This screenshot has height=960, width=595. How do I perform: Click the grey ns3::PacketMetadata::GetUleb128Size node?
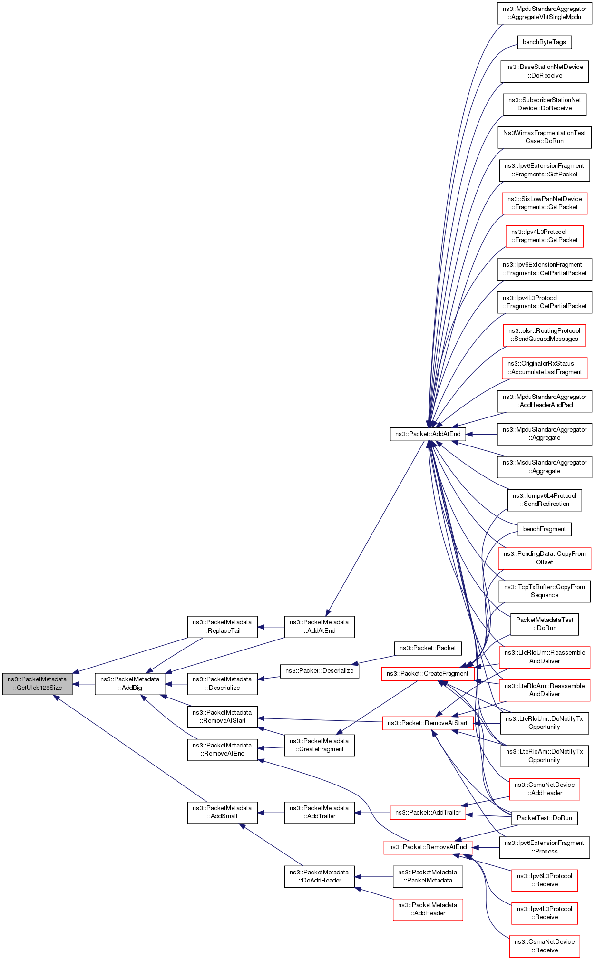click(x=37, y=684)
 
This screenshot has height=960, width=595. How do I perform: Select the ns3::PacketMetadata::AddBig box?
click(x=130, y=684)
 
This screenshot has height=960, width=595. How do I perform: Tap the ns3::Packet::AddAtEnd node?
click(x=428, y=434)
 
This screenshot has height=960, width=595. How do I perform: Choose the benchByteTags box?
click(x=544, y=42)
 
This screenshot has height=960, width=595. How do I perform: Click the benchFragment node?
click(x=544, y=529)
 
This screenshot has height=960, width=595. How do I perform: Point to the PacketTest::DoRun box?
click(x=544, y=818)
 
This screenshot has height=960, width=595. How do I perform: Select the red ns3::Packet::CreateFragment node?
click(x=428, y=674)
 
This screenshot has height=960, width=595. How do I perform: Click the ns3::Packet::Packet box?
click(x=428, y=648)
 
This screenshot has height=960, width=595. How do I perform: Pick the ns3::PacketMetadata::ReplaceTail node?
click(x=223, y=627)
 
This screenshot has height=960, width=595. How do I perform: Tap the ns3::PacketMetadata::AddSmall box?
click(x=223, y=812)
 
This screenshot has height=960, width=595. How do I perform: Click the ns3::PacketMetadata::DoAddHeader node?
click(x=320, y=876)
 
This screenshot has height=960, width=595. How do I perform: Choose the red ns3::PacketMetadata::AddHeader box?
click(x=428, y=909)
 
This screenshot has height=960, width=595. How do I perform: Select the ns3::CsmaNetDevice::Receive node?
click(x=545, y=946)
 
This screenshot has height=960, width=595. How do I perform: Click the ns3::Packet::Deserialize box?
click(x=320, y=671)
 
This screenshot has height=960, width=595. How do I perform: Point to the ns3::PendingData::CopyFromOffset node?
click(x=545, y=558)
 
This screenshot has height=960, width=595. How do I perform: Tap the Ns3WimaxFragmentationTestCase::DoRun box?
click(x=545, y=137)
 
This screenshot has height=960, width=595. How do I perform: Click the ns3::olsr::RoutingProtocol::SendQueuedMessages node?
click(x=545, y=335)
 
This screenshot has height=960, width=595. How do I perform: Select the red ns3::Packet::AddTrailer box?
click(x=428, y=813)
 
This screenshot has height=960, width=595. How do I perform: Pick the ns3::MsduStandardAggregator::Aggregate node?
click(x=545, y=467)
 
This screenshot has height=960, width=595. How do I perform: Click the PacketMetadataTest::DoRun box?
click(x=545, y=624)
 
